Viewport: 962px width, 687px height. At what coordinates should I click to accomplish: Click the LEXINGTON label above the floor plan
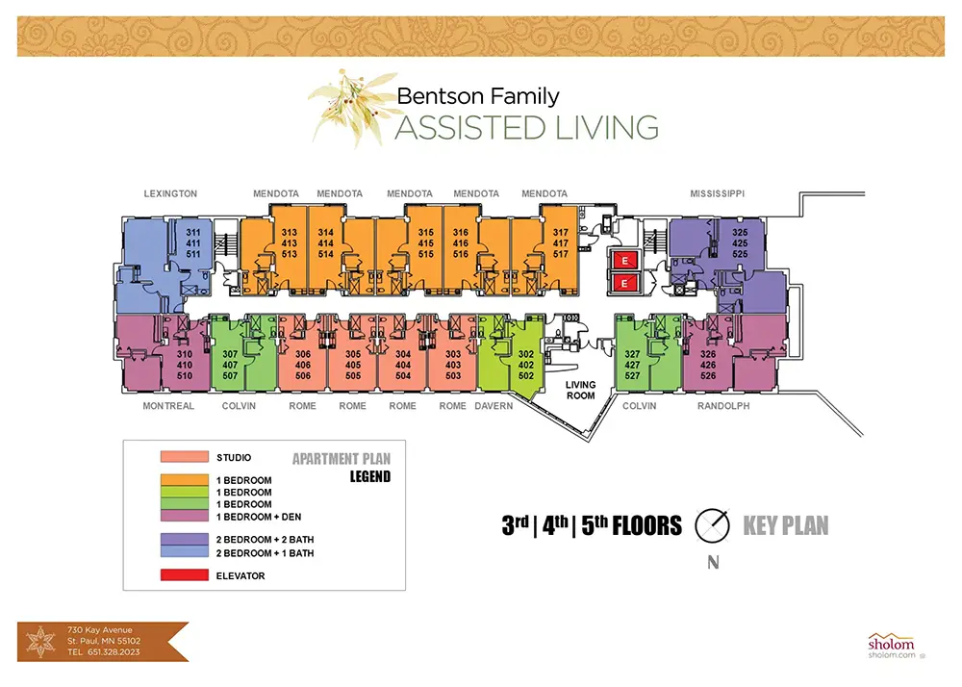click(170, 193)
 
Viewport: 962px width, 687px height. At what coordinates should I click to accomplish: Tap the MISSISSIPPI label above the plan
click(718, 193)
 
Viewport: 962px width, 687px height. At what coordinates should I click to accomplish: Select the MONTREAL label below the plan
click(168, 406)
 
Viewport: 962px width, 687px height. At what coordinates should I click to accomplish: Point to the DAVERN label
click(494, 406)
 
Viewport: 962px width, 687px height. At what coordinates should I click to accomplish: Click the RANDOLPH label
click(723, 406)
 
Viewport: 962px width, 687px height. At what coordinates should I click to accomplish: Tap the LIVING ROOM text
click(580, 390)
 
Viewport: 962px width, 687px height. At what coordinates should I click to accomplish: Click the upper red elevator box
click(624, 261)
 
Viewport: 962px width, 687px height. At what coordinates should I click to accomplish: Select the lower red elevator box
click(624, 283)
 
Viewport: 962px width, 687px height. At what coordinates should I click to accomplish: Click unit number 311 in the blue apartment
click(193, 233)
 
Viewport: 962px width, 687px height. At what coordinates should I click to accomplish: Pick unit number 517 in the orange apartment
click(561, 254)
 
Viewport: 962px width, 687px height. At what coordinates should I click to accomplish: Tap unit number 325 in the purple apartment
click(740, 233)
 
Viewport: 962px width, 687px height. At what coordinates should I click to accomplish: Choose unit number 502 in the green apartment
click(526, 375)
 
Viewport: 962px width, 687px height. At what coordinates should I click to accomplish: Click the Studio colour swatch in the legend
click(185, 457)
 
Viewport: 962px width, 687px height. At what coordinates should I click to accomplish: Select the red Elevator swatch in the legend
click(185, 575)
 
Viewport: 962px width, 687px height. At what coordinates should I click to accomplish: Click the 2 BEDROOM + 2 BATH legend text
click(266, 540)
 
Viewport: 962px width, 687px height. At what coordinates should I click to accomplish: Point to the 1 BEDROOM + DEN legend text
click(258, 517)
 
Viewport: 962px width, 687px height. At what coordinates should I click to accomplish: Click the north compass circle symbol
click(712, 525)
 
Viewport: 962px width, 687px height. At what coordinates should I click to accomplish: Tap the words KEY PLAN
click(786, 525)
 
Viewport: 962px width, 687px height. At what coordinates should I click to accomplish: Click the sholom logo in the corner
click(892, 646)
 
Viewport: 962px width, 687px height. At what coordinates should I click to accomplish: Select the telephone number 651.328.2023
click(114, 652)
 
